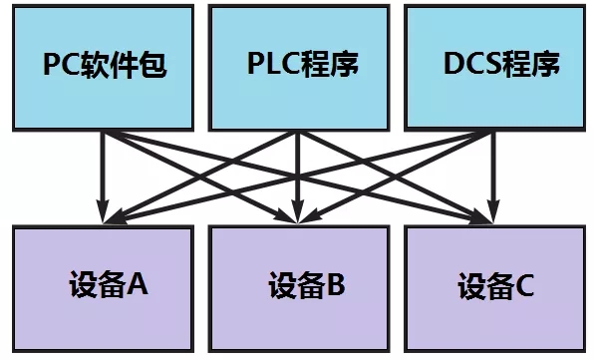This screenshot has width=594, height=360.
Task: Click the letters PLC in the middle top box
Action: click(x=274, y=66)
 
